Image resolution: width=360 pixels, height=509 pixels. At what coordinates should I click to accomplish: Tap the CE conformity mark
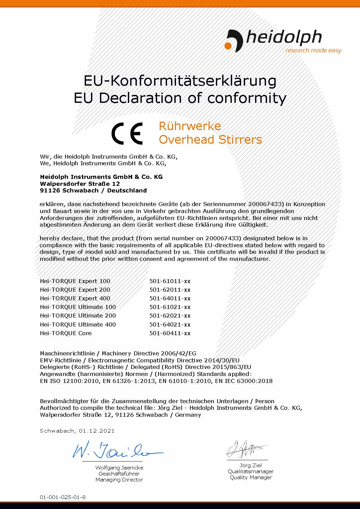(x=127, y=133)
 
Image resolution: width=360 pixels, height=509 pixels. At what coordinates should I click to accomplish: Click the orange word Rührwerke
(x=190, y=126)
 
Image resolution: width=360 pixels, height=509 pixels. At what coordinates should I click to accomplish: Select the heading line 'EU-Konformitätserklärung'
(x=180, y=81)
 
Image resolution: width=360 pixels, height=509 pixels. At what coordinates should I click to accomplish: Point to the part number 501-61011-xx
(x=170, y=281)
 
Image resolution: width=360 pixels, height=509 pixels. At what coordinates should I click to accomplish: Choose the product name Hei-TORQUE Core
(x=66, y=333)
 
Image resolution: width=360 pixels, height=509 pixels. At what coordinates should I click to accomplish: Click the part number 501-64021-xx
(x=170, y=325)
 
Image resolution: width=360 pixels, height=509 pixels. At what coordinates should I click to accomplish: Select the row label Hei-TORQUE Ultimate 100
(x=78, y=307)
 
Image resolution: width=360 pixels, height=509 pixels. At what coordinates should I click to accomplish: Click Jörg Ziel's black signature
(x=246, y=450)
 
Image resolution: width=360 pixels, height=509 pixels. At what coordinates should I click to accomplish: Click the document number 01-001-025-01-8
(x=63, y=497)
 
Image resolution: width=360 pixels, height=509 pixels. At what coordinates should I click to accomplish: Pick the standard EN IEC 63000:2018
(x=244, y=381)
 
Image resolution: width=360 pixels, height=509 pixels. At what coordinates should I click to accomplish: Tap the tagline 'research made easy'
(x=313, y=50)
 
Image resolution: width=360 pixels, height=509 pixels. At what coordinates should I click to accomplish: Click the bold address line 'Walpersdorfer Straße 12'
(x=80, y=183)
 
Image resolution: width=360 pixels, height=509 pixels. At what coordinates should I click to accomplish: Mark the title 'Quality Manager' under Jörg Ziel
(x=251, y=477)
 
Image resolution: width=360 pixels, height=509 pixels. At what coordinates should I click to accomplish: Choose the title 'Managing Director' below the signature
(x=119, y=480)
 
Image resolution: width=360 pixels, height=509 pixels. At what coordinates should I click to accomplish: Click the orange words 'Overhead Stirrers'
(x=210, y=140)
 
